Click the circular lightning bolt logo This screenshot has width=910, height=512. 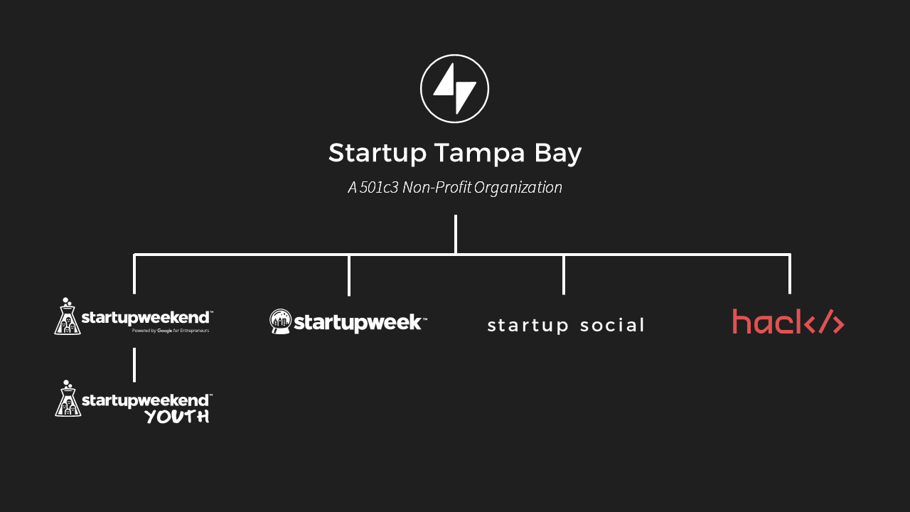tap(454, 89)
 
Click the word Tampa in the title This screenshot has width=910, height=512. tap(479, 154)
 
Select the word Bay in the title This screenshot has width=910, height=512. tap(558, 154)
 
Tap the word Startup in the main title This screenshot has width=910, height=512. tap(378, 154)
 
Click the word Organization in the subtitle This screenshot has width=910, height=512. tap(518, 188)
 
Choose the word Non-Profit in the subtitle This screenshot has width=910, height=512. tap(437, 187)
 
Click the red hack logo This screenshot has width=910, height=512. tap(788, 321)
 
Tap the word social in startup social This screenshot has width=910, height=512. tap(612, 326)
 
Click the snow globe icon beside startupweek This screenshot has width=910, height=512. tap(280, 321)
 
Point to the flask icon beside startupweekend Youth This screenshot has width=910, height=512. tap(68, 399)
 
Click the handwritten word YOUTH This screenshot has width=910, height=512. tap(178, 417)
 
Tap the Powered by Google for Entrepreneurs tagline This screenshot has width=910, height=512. tap(171, 331)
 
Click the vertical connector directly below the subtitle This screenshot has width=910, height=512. tap(456, 235)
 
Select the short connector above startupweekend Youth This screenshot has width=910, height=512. tap(134, 365)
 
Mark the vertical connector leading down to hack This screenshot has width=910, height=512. tap(790, 274)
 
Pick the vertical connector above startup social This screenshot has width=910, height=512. tap(564, 274)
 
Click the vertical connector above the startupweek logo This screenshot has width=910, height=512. tap(349, 275)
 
